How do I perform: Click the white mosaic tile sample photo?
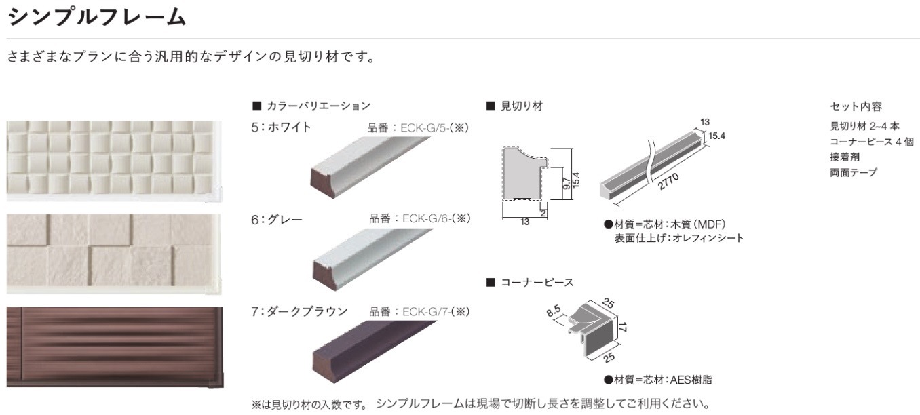[x=114, y=160]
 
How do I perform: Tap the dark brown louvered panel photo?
[x=114, y=347]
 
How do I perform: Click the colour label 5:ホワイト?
[x=281, y=127]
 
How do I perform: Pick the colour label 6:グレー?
[x=277, y=219]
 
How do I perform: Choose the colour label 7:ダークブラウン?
[x=299, y=311]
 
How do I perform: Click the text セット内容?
[x=856, y=106]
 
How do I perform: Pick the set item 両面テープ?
[x=854, y=172]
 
